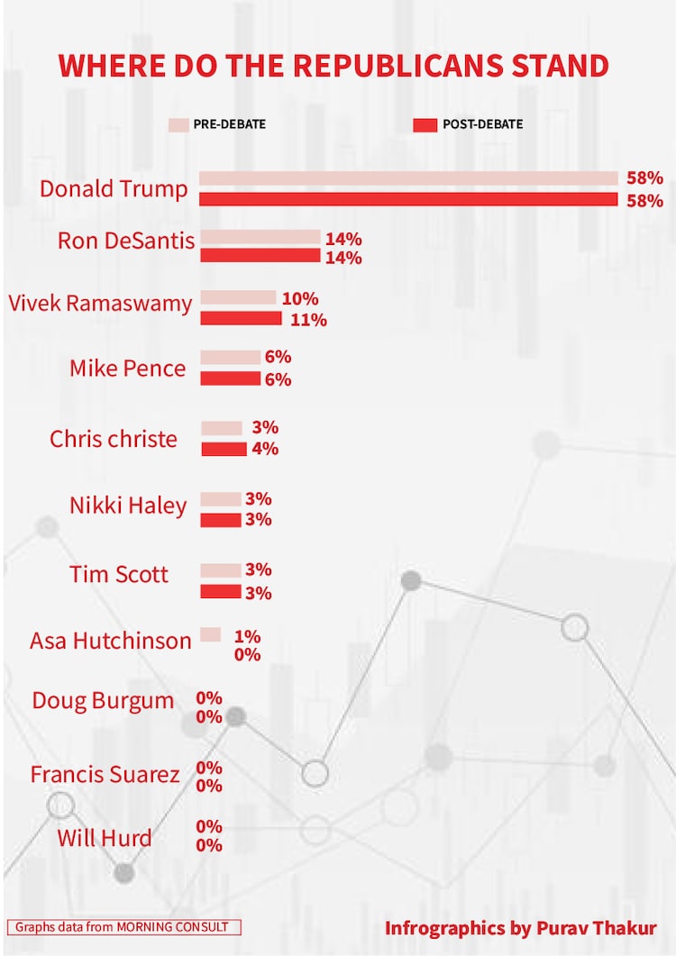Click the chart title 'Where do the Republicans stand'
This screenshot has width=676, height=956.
pos(333,66)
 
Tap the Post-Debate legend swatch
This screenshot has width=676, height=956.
pos(425,124)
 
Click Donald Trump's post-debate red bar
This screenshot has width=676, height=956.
pos(408,199)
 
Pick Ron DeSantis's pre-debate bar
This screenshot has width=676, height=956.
pos(260,237)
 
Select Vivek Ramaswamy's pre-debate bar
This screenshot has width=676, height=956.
pos(238,297)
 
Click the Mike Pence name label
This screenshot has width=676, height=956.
pos(128,369)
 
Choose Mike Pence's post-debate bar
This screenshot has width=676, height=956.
pos(230,378)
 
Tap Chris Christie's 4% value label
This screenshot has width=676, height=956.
pos(265,449)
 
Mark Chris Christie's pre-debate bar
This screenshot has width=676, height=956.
pos(222,428)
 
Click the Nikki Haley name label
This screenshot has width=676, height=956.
pos(128,505)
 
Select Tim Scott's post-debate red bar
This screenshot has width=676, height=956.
pos(221,592)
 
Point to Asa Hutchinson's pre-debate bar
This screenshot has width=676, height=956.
pos(211,634)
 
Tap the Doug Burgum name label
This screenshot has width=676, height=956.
pos(103,700)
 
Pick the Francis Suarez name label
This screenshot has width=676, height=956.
pos(105,774)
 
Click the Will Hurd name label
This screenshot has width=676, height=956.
pos(105,838)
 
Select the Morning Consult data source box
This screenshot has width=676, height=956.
pos(123,926)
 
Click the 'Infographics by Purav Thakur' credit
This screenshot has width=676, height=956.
pos(521,927)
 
